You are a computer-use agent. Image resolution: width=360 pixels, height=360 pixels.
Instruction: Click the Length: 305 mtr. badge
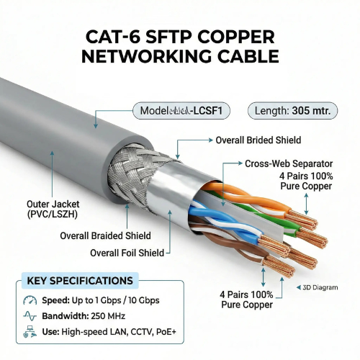[x=290, y=111]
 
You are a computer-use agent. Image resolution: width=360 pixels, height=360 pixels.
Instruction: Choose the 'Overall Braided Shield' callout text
[x=105, y=235]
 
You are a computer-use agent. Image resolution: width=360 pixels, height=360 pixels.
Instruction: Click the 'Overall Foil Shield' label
[x=127, y=253]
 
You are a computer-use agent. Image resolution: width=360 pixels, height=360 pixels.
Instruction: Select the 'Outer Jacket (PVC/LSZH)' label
[x=54, y=209]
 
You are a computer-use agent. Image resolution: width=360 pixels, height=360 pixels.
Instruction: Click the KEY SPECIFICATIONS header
[x=79, y=280]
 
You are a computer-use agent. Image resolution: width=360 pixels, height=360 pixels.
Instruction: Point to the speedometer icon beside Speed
[x=30, y=300]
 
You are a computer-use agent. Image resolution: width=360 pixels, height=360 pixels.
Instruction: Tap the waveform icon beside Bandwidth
[x=30, y=315]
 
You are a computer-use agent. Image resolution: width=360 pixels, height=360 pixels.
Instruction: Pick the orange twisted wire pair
[x=230, y=194]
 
